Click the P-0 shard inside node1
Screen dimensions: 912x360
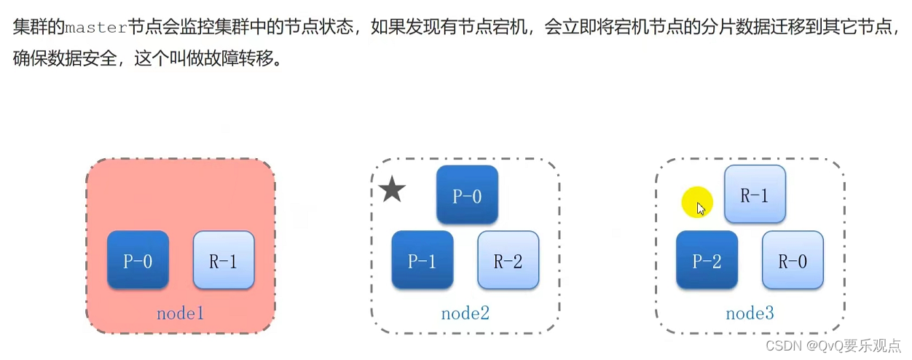click(x=138, y=260)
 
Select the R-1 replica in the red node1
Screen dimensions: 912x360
click(x=224, y=260)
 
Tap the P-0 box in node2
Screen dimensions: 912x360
click(x=467, y=195)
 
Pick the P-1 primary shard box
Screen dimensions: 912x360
click(x=422, y=260)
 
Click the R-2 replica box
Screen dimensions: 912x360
click(x=508, y=260)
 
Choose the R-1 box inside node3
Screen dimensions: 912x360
click(x=755, y=195)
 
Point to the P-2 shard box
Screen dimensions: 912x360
click(x=707, y=260)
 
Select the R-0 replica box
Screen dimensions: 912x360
click(x=793, y=260)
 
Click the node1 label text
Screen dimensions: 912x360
click(x=180, y=314)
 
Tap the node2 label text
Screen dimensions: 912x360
click(x=465, y=314)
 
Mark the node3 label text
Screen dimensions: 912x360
click(x=750, y=314)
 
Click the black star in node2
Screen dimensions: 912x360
click(x=392, y=191)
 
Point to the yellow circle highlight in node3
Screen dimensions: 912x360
click(x=697, y=203)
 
